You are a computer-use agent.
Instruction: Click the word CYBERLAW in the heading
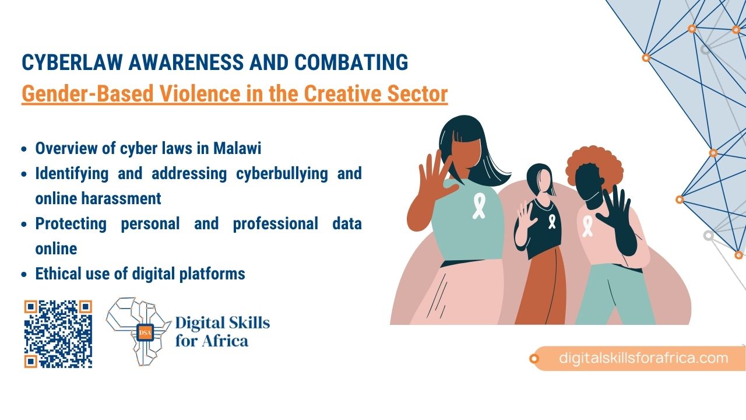[x=72, y=62]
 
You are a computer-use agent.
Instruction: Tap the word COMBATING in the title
[x=351, y=62]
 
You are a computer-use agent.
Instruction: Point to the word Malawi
[x=237, y=148]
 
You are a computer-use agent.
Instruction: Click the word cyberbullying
[x=281, y=174]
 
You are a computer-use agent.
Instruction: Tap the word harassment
[x=121, y=199]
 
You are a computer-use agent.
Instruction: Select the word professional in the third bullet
[x=276, y=224]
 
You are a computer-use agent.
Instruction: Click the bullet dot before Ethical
[x=24, y=275]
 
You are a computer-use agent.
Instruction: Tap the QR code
[x=58, y=334]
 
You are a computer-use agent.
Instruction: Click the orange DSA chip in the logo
[x=145, y=332]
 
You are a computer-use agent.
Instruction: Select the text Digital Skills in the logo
[x=223, y=323]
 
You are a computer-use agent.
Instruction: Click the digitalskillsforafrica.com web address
[x=643, y=358]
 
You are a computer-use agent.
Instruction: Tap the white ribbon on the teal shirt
[x=479, y=206]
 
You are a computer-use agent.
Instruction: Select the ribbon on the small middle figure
[x=552, y=222]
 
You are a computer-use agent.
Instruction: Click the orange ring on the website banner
[x=534, y=359]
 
